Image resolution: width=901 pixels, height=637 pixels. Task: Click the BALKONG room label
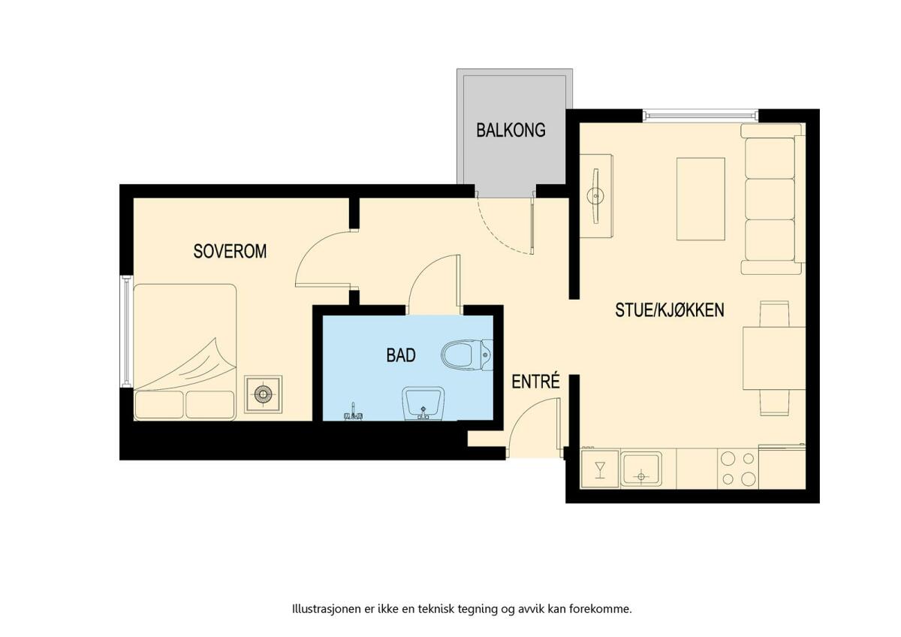[x=511, y=130]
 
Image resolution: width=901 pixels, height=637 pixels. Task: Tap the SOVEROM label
[x=230, y=251]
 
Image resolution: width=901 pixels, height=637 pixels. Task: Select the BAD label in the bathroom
[x=401, y=355]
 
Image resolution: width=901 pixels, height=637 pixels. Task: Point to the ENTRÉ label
[x=536, y=381]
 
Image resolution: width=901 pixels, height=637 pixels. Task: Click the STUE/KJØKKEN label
[x=670, y=309]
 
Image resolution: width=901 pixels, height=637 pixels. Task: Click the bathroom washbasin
[x=423, y=403]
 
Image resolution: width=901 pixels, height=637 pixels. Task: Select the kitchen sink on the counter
[x=640, y=469]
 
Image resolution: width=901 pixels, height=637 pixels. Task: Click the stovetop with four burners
[x=737, y=469]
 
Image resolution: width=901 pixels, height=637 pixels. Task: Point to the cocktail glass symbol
[x=600, y=470]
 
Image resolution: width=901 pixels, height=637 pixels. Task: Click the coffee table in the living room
[x=701, y=199]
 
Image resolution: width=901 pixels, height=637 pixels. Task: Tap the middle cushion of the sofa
[x=770, y=199]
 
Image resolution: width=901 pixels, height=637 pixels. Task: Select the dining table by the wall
[x=774, y=358]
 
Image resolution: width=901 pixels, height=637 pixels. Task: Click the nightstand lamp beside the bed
[x=264, y=394]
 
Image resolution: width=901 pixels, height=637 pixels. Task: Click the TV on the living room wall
[x=595, y=196]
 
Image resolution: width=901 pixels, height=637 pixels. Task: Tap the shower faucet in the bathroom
[x=354, y=414]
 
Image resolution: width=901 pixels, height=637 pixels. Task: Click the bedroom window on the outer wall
[x=127, y=331]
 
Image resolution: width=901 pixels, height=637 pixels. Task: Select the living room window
[x=701, y=116]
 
